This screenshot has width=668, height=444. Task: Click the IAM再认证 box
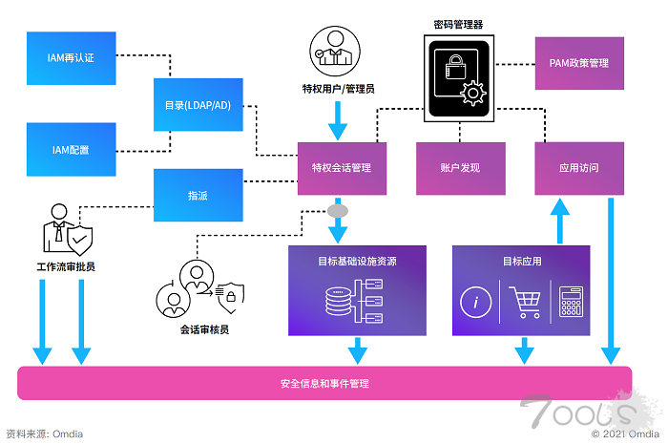71,57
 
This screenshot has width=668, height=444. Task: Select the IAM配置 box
71,150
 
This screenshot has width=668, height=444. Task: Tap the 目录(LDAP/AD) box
198,104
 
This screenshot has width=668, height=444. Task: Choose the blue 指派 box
198,195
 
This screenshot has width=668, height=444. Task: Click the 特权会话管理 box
342,168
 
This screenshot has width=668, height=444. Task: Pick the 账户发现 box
460,168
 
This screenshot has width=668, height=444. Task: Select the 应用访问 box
578,168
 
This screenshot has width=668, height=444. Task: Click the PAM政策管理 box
578,64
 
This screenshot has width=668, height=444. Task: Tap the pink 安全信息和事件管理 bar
324,383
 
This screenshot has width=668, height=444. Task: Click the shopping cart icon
524,302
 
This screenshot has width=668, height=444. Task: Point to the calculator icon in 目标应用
572,302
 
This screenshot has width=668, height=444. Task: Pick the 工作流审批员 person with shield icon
66,229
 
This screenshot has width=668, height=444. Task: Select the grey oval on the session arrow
338,209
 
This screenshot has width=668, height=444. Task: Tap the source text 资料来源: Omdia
45,433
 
